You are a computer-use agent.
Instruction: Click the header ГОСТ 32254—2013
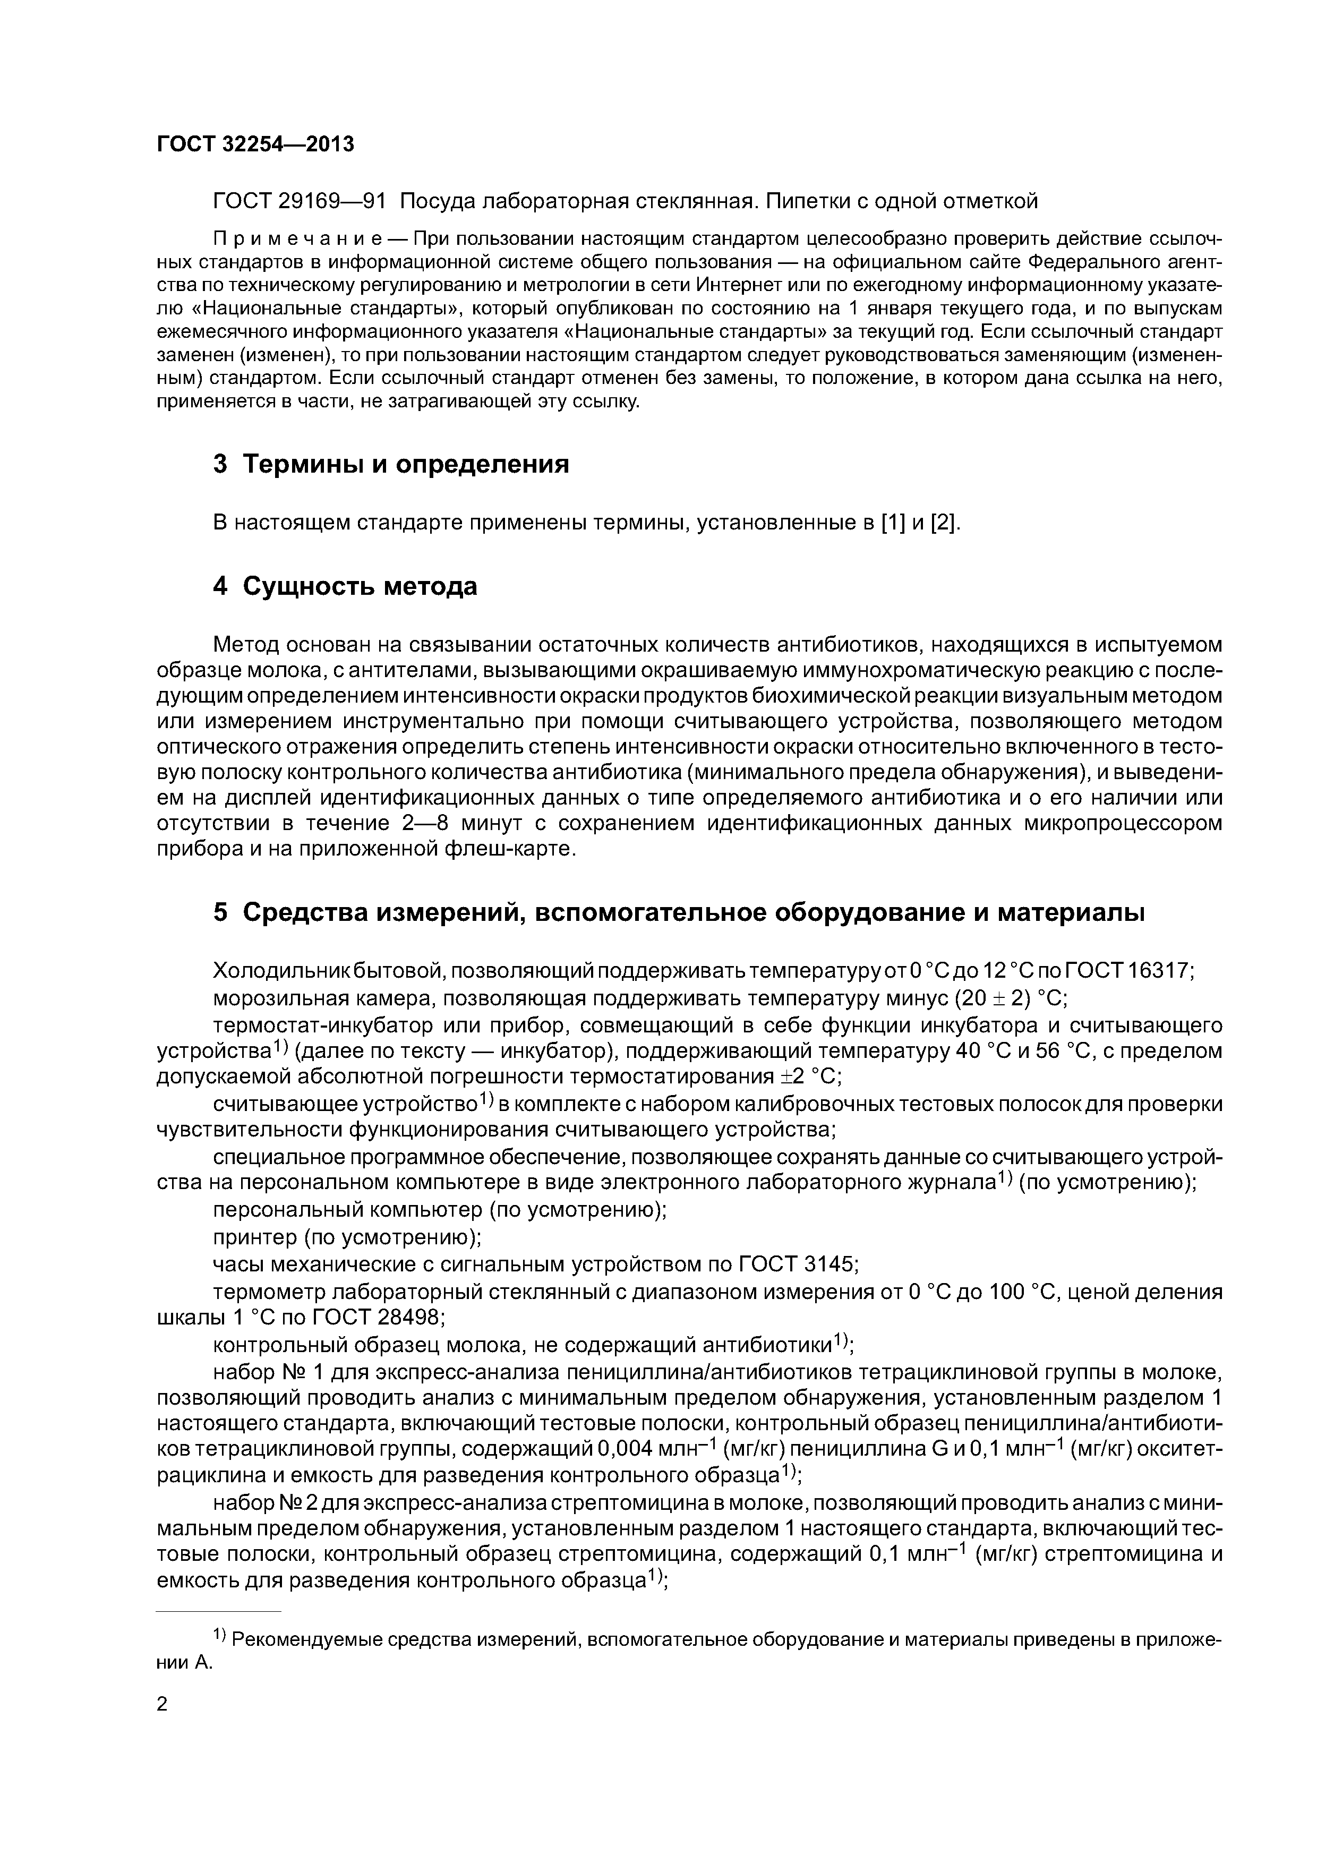point(255,144)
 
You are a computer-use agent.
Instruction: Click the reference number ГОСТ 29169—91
point(298,200)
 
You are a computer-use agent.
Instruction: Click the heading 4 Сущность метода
point(345,586)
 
